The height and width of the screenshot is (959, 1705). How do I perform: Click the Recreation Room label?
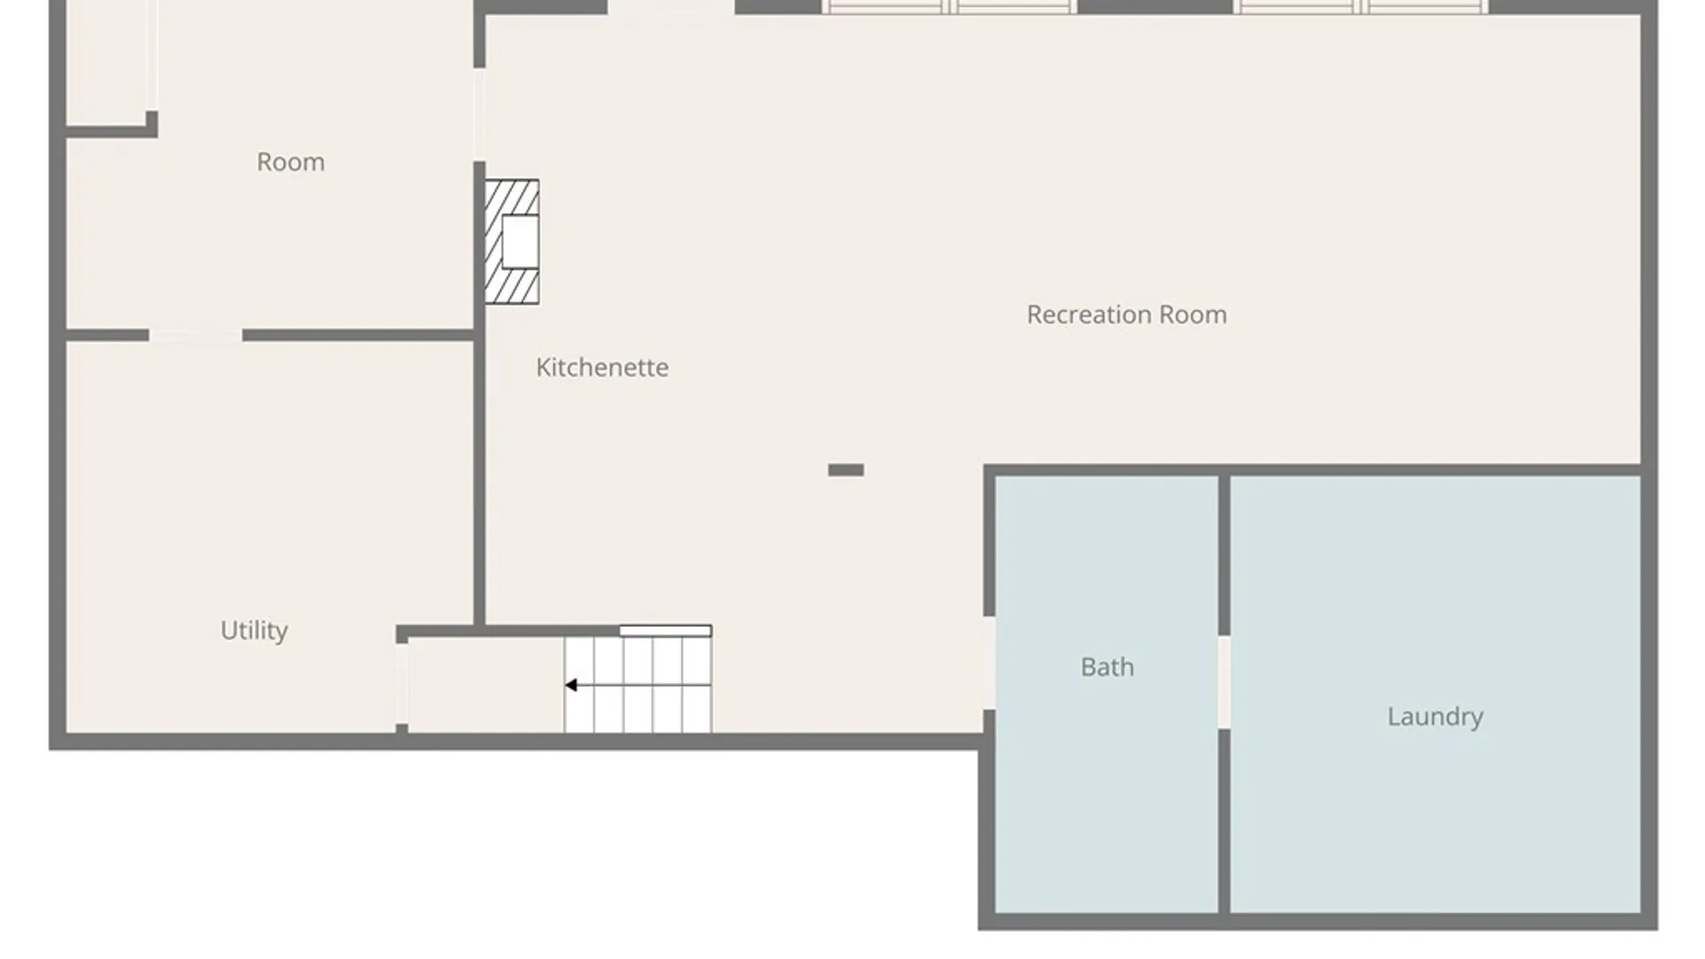click(1126, 314)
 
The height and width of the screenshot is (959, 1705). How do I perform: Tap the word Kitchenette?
click(602, 367)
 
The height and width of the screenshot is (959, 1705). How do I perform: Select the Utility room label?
click(254, 630)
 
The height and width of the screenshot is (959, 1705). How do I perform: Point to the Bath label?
click(1107, 667)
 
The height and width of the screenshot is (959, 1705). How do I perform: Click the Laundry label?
click(1435, 717)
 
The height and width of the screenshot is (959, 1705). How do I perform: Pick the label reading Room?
click(290, 162)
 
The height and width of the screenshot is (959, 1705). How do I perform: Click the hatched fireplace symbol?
click(511, 242)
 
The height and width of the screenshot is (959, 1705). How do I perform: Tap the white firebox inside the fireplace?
click(520, 242)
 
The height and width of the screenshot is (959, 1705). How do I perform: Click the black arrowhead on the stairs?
click(571, 685)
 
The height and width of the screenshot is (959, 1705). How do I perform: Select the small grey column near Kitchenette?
click(845, 470)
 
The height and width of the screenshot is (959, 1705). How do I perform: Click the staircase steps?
click(638, 685)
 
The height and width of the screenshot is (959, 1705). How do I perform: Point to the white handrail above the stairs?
click(665, 630)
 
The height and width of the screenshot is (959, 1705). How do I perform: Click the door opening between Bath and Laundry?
click(1224, 682)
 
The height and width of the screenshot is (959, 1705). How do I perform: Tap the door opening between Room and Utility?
click(195, 335)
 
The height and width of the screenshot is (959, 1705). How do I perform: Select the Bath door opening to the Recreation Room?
click(988, 662)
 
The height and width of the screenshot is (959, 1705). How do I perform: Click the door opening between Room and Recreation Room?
click(479, 115)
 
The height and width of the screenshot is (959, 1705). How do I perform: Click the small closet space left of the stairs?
click(486, 685)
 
